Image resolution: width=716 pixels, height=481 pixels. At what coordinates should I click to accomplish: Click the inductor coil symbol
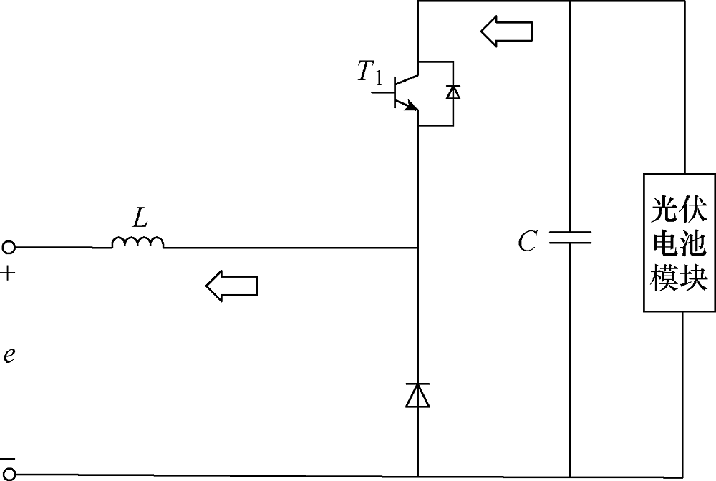tap(137, 243)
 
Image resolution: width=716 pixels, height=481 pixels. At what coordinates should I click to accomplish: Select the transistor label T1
tap(370, 72)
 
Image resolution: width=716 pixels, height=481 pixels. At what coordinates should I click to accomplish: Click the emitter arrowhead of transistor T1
tap(412, 107)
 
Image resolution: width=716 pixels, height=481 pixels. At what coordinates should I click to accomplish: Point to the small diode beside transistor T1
tap(453, 92)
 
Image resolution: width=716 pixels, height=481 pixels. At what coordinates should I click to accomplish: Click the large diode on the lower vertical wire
tap(418, 395)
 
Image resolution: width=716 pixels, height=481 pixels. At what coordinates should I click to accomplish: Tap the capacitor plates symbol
tap(570, 238)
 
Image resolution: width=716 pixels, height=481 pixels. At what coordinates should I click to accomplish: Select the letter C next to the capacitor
tap(528, 241)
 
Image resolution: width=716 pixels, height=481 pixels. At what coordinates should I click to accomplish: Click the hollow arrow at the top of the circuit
tap(506, 31)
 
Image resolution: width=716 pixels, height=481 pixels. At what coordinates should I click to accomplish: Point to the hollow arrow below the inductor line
tap(231, 286)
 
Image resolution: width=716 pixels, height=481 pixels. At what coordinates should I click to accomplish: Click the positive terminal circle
tap(9, 248)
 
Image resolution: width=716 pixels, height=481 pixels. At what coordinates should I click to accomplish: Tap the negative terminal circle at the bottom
tap(9, 475)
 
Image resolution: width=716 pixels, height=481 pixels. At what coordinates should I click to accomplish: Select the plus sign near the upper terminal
tap(8, 274)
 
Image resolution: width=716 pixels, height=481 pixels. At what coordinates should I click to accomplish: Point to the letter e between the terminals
tap(9, 355)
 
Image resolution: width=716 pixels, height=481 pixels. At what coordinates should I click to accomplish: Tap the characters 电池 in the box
tap(679, 243)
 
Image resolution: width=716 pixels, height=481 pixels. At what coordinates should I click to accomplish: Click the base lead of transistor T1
tap(382, 92)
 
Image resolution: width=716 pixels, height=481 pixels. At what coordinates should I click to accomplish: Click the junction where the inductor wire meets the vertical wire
tap(418, 248)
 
